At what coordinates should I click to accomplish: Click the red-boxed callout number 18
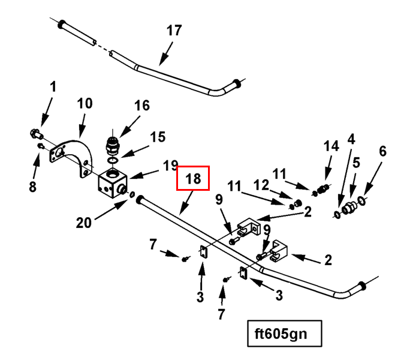click(192, 178)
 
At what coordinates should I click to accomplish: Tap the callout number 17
click(174, 31)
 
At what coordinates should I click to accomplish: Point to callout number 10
click(85, 104)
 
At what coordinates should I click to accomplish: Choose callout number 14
click(331, 145)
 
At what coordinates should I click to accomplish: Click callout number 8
click(32, 187)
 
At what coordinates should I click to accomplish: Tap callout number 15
click(157, 137)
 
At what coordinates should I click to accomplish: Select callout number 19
click(171, 164)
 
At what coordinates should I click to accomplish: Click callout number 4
click(351, 139)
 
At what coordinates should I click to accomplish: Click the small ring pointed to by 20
click(132, 196)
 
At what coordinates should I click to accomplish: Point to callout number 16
click(141, 106)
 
